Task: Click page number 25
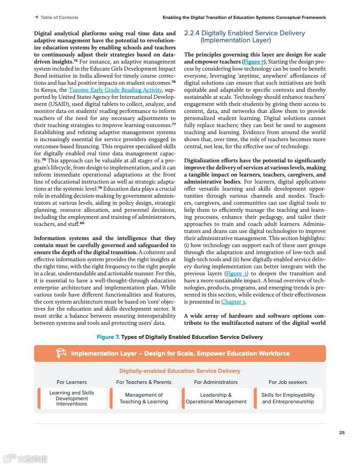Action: pyautogui.click(x=342, y=433)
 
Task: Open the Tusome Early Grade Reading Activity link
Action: pyautogui.click(x=115, y=90)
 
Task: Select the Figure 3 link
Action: pyautogui.click(x=234, y=274)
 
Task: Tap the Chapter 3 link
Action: pyautogui.click(x=232, y=302)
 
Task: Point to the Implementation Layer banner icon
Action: pyautogui.click(x=61, y=353)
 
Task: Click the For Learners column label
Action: pyautogui.click(x=71, y=382)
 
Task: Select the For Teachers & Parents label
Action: pyautogui.click(x=144, y=382)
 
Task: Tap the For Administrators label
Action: pyautogui.click(x=216, y=382)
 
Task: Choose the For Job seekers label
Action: pyautogui.click(x=288, y=382)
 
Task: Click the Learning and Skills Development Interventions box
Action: pyautogui.click(x=72, y=398)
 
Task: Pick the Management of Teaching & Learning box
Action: pyautogui.click(x=144, y=398)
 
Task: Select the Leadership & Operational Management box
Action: pyautogui.click(x=216, y=398)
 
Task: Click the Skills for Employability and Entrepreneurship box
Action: pyautogui.click(x=288, y=398)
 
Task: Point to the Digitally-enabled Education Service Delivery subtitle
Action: pyautogui.click(x=180, y=371)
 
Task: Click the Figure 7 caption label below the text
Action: pyautogui.click(x=108, y=337)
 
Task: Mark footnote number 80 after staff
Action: pyautogui.click(x=82, y=223)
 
